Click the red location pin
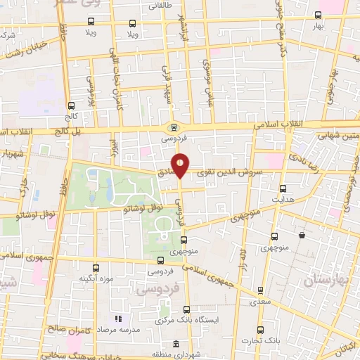tap(181, 165)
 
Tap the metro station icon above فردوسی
tap(173, 127)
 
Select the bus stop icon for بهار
tap(319, 15)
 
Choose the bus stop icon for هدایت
tap(283, 188)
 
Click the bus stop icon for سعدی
tap(260, 290)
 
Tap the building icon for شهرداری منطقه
tap(174, 344)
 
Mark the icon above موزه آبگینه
tap(97, 268)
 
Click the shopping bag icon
tap(302, 236)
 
